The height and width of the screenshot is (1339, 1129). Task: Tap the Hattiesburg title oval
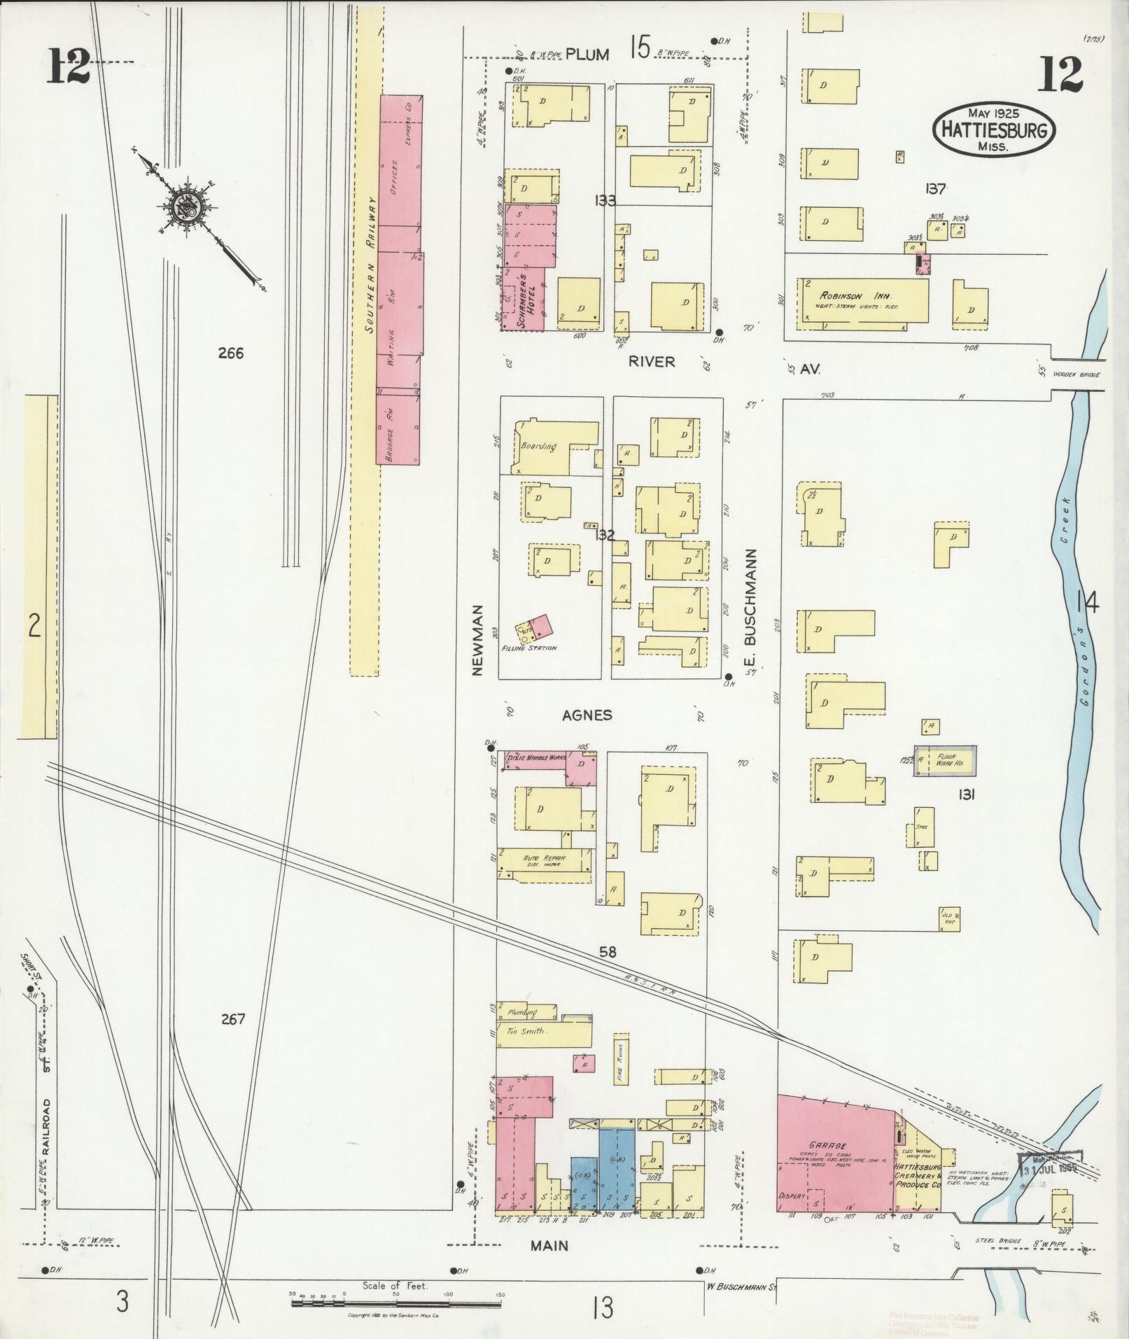(x=993, y=130)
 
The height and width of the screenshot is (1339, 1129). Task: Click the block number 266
(x=230, y=353)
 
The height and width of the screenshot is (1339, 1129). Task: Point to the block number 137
(x=935, y=188)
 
